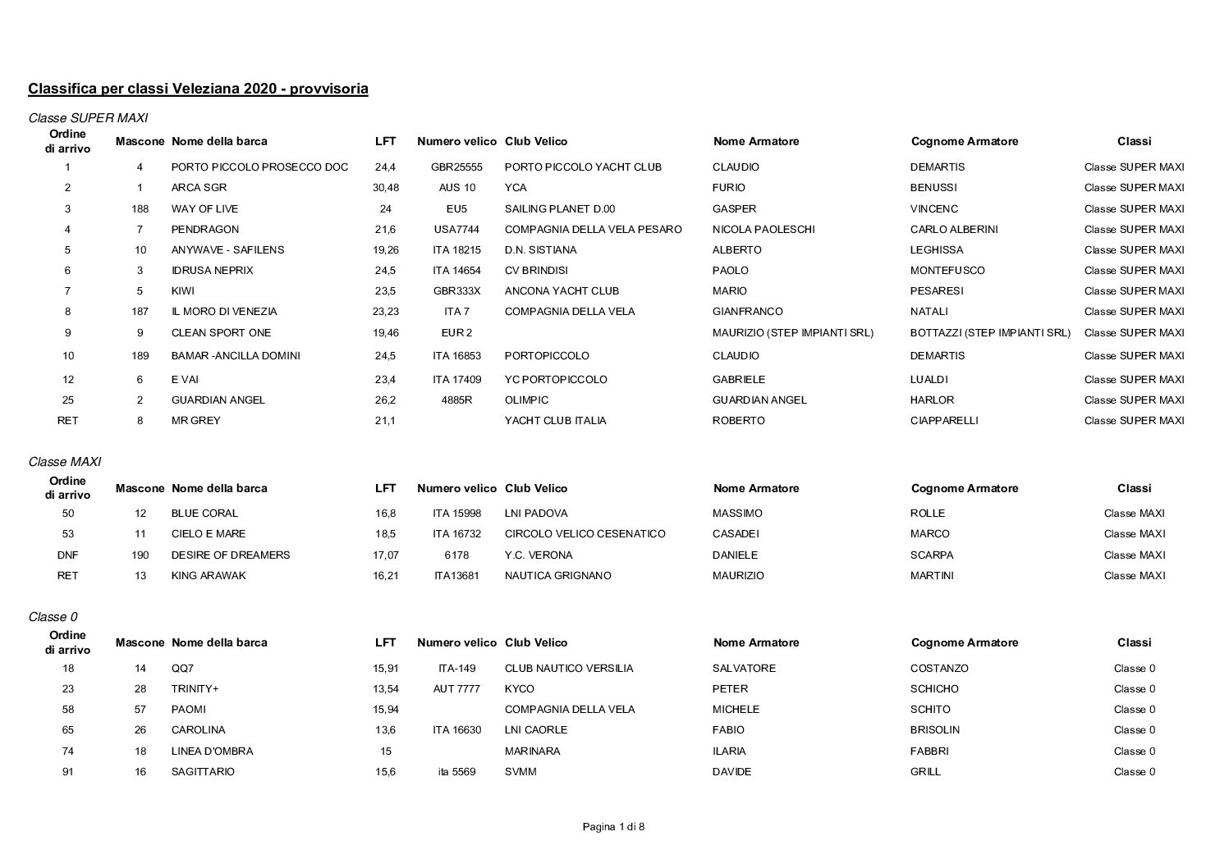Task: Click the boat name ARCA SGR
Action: point(199,188)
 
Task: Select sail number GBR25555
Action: point(456,167)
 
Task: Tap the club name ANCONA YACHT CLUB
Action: point(562,291)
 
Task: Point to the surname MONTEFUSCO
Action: point(947,271)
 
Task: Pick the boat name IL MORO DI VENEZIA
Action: point(224,312)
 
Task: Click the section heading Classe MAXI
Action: point(65,462)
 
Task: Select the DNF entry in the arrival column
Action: point(68,555)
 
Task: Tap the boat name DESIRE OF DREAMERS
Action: point(231,555)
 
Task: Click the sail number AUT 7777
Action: point(456,689)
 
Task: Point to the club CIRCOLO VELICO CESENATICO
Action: point(585,534)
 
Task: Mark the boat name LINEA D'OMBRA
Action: point(212,752)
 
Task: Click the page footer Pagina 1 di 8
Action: point(613,827)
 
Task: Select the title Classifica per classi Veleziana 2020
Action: point(198,89)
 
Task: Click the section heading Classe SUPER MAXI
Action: point(88,118)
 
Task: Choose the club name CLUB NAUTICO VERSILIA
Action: point(569,669)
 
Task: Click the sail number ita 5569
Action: point(456,772)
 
